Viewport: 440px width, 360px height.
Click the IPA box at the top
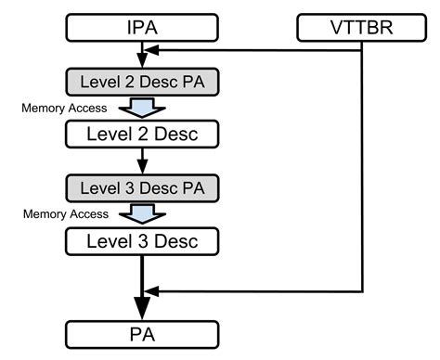142,27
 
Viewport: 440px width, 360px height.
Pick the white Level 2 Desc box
142,135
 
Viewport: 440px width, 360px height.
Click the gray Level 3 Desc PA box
142,188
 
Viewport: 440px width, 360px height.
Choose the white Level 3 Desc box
142,242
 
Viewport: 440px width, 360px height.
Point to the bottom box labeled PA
142,332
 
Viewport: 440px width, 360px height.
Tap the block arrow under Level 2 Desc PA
142,108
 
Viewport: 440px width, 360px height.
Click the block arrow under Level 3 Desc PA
142,215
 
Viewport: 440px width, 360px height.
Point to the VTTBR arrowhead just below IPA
151,54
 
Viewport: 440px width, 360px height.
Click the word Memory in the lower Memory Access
43,214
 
